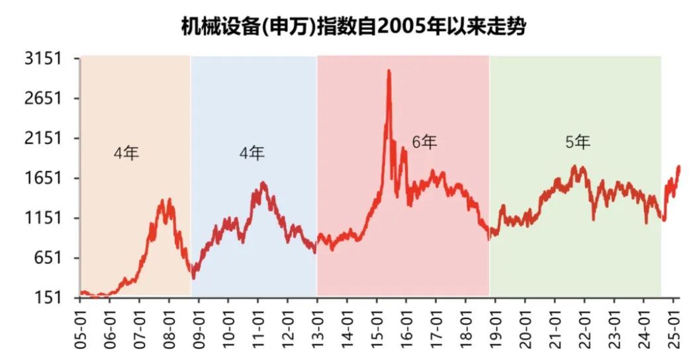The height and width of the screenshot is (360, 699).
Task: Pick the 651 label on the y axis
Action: [x=48, y=258]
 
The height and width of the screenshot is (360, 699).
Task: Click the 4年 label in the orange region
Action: [x=126, y=154]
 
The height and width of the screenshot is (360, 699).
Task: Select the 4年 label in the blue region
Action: [x=252, y=154]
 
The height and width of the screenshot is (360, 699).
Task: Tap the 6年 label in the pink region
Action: [x=424, y=142]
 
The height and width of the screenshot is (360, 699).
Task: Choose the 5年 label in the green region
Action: [x=577, y=142]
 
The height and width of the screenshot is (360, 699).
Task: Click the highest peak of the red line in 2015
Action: [x=389, y=71]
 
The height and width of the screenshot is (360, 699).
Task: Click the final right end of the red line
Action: [x=679, y=167]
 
